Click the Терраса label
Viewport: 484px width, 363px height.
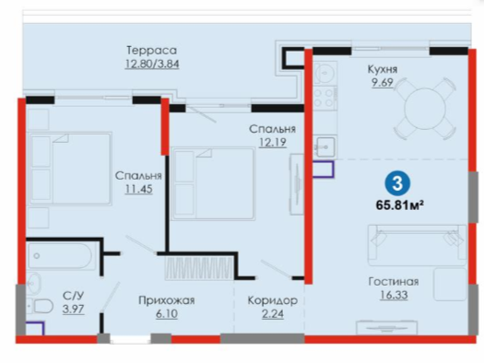pos(152,51)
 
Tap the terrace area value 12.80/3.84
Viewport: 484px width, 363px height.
pos(152,64)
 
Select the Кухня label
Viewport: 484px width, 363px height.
pos(383,69)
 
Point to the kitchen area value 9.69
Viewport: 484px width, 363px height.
pos(383,83)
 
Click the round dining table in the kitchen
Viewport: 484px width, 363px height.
pos(425,109)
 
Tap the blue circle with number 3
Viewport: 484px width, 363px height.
pos(397,183)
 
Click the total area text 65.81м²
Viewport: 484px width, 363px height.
pos(399,205)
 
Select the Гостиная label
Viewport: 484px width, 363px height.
pos(394,282)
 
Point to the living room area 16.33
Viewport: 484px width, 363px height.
pos(394,295)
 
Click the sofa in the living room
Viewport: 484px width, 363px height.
pos(417,245)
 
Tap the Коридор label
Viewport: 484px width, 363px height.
pos(273,300)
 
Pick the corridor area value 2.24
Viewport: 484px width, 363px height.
pos(273,314)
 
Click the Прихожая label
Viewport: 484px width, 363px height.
pos(166,300)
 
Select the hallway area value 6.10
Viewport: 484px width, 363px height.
pos(167,314)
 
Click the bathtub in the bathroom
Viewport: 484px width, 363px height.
pos(60,256)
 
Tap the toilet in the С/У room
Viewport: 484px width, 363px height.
pos(41,306)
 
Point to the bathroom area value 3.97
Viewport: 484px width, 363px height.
pos(73,309)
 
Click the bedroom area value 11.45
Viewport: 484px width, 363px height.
pos(138,189)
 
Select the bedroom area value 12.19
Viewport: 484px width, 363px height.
pos(273,142)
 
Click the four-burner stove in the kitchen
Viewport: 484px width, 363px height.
pos(324,98)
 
